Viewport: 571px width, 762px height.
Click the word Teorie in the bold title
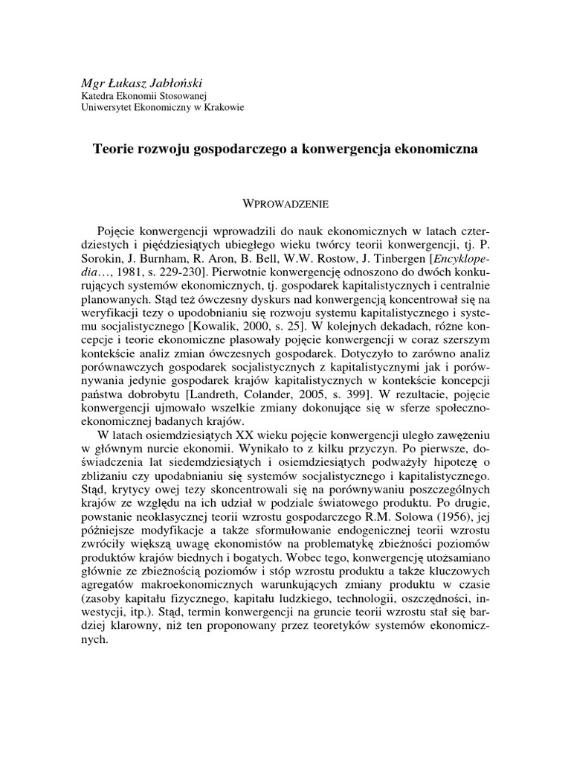(111, 149)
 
